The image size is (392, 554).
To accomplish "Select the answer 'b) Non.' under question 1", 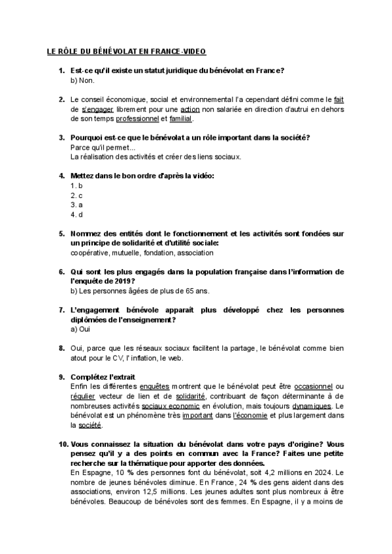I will click(x=82, y=80).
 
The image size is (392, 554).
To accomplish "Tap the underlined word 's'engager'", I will click(x=96, y=109).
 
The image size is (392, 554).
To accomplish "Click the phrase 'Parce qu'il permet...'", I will click(x=101, y=148).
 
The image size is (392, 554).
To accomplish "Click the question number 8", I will click(x=61, y=348).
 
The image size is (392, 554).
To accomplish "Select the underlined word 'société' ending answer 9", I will click(x=90, y=425).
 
